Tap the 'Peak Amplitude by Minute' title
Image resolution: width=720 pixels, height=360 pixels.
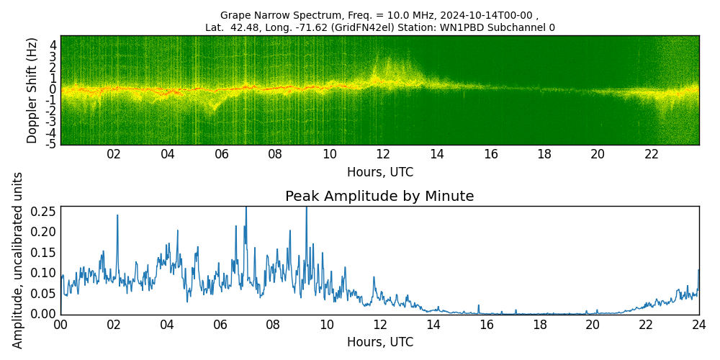pos(379,197)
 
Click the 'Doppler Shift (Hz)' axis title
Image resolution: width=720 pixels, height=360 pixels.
pos(32,91)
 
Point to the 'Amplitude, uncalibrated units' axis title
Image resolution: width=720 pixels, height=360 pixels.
pos(18,260)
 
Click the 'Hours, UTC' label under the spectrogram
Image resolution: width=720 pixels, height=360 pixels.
pos(379,173)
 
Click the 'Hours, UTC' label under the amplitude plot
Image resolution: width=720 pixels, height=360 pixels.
pos(379,342)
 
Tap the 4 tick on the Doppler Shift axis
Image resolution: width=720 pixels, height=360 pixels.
pos(53,45)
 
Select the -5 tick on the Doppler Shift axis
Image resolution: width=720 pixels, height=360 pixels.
pos(51,144)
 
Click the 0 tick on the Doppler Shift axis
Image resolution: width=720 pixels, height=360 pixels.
pos(53,89)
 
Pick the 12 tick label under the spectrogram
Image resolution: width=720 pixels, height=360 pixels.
pos(383,155)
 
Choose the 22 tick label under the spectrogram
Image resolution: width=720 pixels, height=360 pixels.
pos(652,155)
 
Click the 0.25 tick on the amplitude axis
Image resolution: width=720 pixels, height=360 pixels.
pos(43,211)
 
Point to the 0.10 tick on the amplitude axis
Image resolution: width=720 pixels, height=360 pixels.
pos(43,273)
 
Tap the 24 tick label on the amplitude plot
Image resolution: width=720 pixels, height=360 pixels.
pos(699,325)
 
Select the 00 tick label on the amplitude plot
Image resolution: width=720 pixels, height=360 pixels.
pos(60,325)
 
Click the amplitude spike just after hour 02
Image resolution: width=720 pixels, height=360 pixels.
pos(117,216)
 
